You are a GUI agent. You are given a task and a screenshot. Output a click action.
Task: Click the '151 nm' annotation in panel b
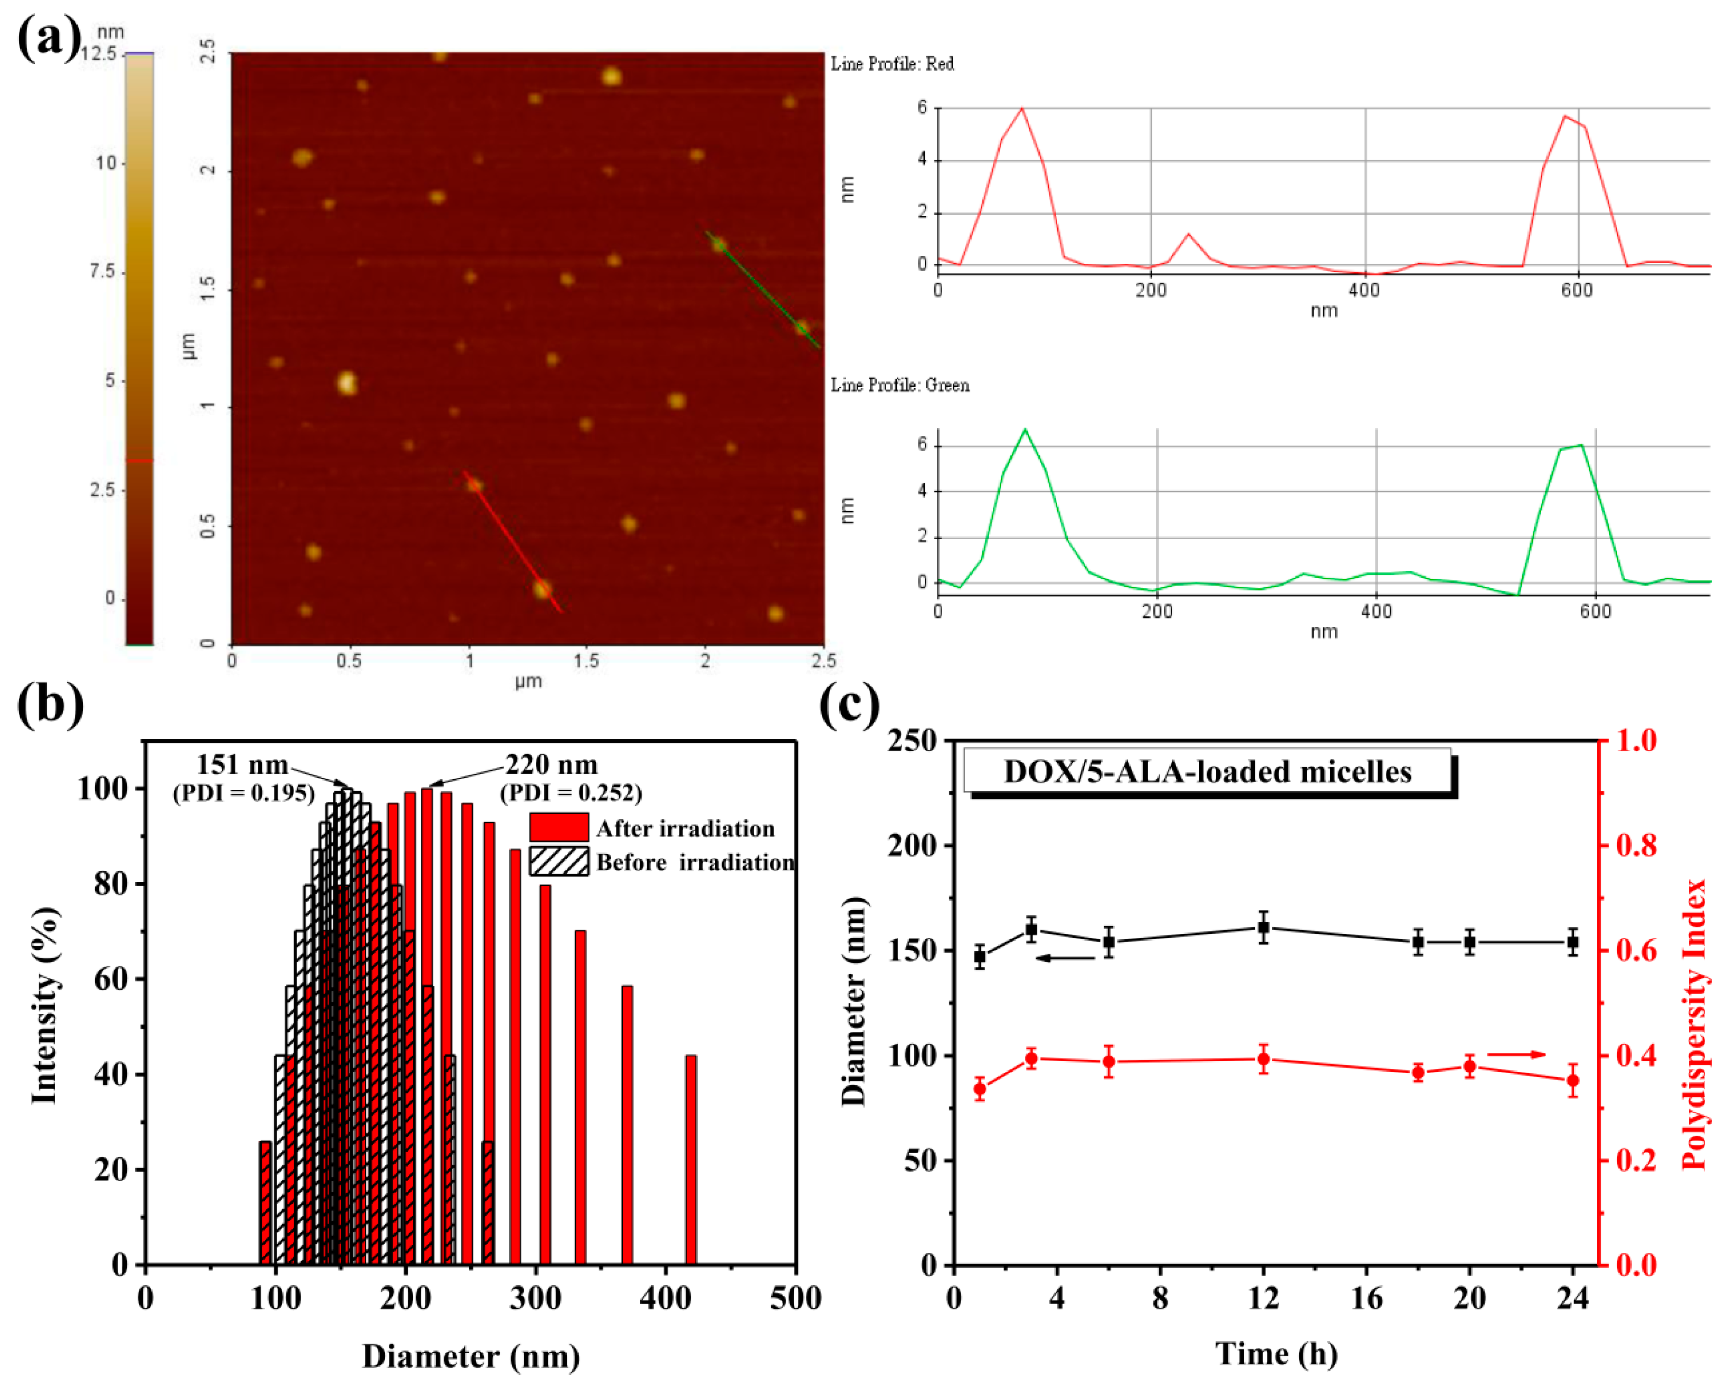[242, 764]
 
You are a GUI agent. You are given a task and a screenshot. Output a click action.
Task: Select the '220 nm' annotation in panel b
[551, 764]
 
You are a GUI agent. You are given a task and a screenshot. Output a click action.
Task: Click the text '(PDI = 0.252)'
[571, 793]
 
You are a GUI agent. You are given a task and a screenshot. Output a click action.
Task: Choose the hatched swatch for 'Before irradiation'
[559, 861]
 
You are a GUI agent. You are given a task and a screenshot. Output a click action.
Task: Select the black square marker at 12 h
[1263, 928]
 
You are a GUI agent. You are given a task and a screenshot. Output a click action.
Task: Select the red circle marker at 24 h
[1572, 1080]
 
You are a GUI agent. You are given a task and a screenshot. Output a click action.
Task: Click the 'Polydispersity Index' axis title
[1694, 1024]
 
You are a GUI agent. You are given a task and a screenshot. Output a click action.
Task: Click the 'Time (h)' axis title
[1276, 1354]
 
